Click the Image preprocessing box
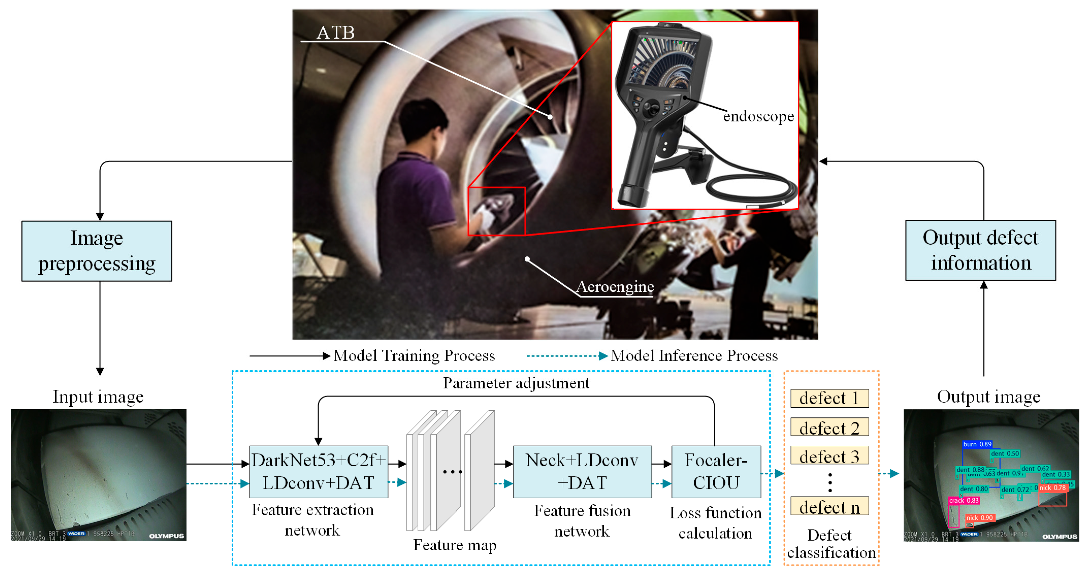click(97, 251)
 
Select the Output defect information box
click(980, 250)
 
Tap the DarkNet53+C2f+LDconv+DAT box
click(318, 472)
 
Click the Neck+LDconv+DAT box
click(582, 472)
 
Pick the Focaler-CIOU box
click(716, 472)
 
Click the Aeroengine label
click(615, 287)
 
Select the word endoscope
click(758, 116)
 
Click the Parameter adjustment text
click(516, 383)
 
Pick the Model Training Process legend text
click(414, 355)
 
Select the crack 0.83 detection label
click(964, 500)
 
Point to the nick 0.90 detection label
click(979, 517)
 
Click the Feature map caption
click(454, 545)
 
